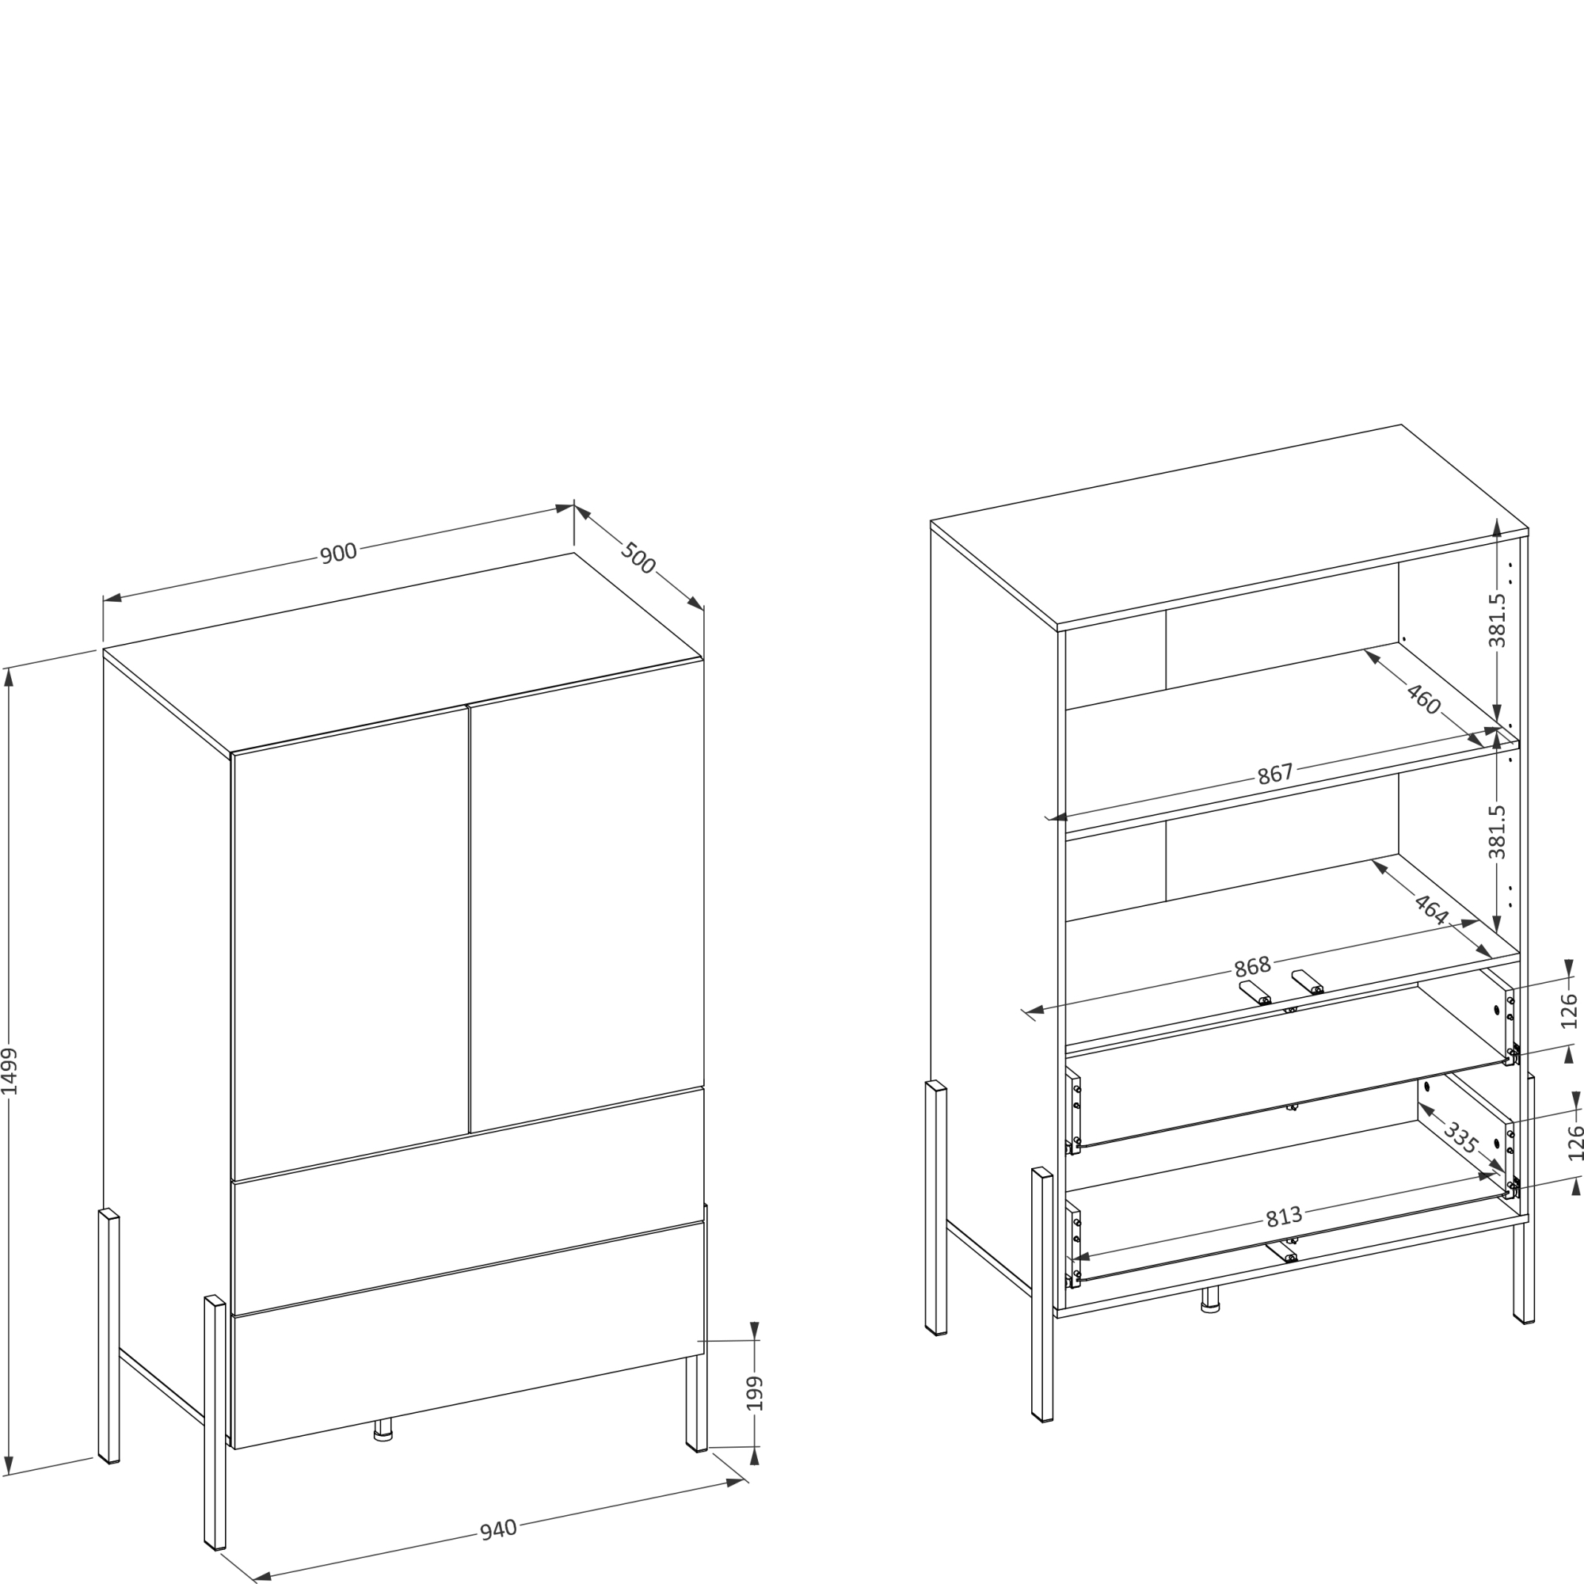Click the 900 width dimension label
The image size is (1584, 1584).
(338, 553)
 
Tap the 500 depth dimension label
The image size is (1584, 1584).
(638, 558)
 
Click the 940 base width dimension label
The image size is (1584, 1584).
(498, 1529)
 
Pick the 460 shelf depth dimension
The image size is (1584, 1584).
(1423, 699)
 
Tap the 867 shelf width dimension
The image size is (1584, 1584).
(1275, 773)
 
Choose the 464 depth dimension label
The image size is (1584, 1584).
(1431, 909)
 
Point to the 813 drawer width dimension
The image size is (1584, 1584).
(1283, 1217)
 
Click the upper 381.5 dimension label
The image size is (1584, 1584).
(1497, 620)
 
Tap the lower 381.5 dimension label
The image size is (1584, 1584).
(1497, 832)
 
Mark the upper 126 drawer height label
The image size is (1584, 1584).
(1569, 1010)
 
